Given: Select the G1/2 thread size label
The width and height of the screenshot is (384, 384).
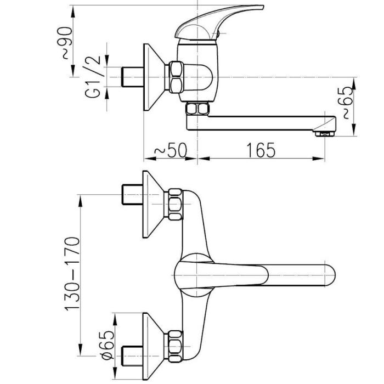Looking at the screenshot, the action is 93,77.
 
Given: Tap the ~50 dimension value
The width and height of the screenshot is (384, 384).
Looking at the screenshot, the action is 171,150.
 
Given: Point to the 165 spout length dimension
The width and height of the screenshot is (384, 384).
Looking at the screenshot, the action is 261,150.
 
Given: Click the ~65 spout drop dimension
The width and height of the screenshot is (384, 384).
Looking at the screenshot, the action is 348,103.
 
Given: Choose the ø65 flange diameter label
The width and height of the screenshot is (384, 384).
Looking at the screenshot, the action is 108,345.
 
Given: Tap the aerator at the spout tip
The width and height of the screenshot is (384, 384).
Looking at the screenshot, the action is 325,133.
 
